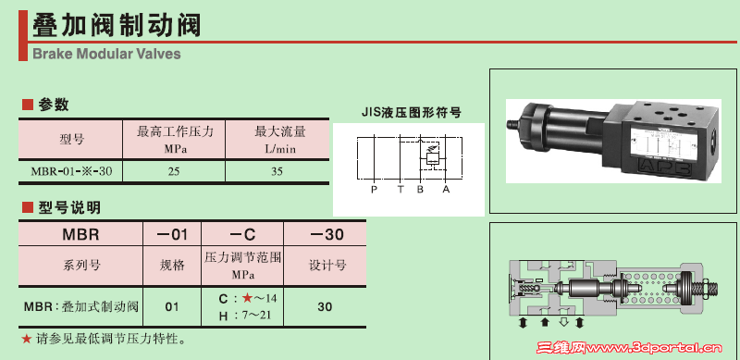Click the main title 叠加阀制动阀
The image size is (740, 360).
coord(117,23)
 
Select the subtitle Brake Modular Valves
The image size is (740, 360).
coord(106,54)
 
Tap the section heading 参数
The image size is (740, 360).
coord(54,105)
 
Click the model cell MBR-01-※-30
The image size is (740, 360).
coord(71,171)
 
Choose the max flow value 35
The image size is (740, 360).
coord(277,171)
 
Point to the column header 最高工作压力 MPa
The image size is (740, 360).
coord(175,139)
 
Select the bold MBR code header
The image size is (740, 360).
coord(75,234)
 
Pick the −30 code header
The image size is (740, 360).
coord(325,234)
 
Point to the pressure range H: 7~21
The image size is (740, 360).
coord(242,315)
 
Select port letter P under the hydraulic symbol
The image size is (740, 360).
coord(373,190)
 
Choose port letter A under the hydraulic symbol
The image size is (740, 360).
coord(446,190)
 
